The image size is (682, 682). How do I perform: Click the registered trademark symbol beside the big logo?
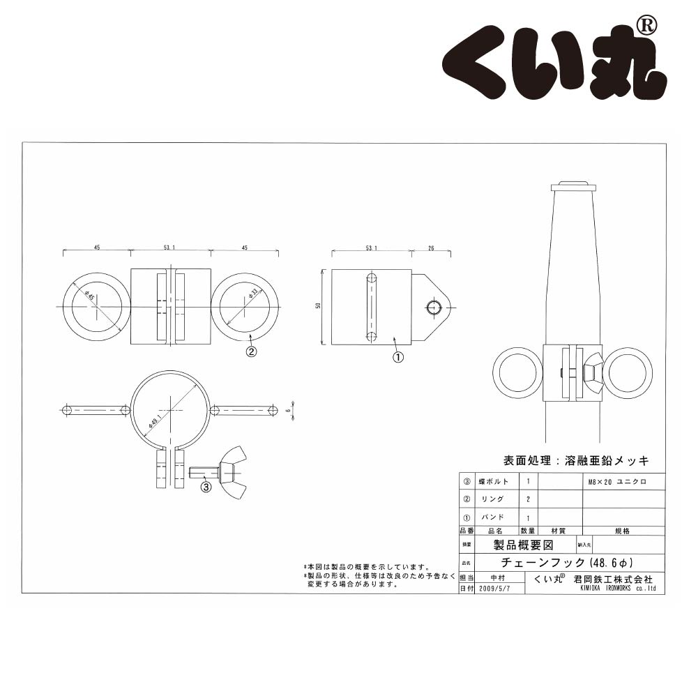(x=646, y=26)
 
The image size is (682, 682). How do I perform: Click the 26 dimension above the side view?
(x=432, y=248)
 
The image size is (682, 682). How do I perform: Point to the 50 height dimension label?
(x=317, y=308)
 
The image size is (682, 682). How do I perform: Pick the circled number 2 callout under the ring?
(x=252, y=351)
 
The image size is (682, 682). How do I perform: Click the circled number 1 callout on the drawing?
(x=398, y=356)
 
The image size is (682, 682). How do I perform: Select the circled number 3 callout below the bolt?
(x=206, y=487)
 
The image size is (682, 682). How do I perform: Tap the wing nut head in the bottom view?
(x=232, y=471)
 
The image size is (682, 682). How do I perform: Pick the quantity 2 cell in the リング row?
(x=528, y=499)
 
